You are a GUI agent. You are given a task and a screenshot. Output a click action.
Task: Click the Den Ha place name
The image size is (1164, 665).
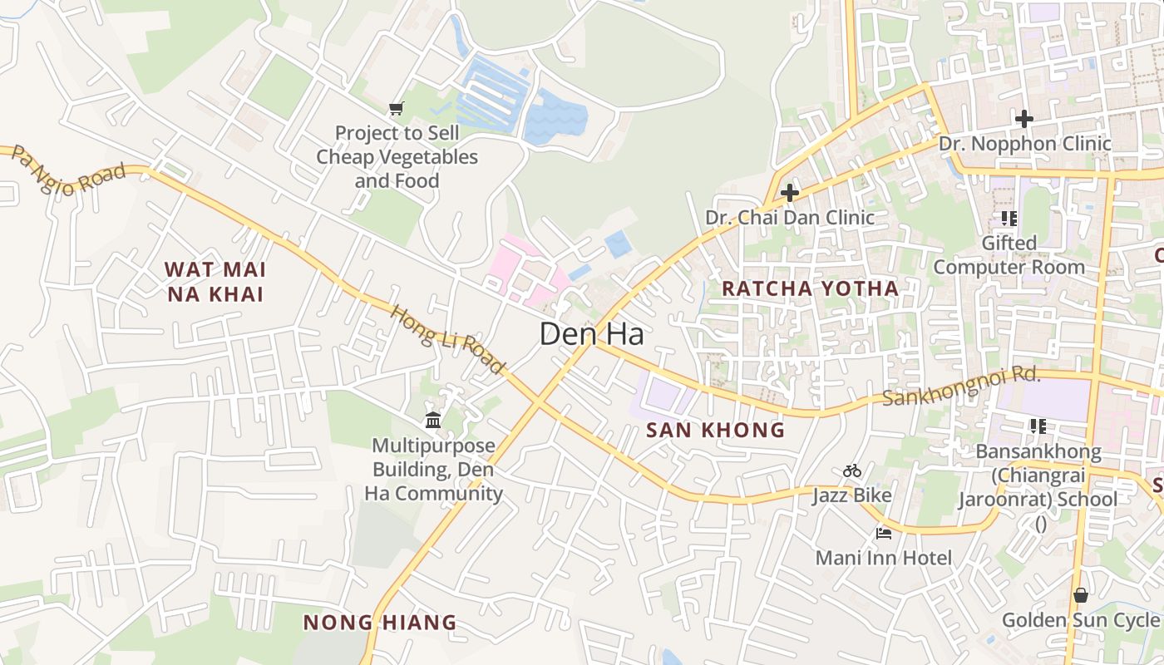coord(591,334)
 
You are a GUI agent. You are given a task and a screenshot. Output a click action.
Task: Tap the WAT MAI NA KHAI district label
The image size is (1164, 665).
coord(215,282)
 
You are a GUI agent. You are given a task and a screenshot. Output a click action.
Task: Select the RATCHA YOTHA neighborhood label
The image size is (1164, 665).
coord(810,288)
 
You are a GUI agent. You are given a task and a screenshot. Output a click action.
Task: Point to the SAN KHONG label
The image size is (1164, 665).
coord(715,430)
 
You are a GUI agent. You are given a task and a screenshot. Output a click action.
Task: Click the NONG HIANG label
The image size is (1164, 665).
coord(380,622)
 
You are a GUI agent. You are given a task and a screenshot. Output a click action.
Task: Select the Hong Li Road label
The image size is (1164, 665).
coord(448,340)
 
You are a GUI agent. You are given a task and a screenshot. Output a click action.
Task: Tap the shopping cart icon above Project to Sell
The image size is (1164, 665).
coord(397,108)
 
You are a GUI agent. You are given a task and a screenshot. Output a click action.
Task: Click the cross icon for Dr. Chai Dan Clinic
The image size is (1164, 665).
coord(789,193)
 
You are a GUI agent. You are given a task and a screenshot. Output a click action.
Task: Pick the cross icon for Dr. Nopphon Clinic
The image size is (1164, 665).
coord(1023,119)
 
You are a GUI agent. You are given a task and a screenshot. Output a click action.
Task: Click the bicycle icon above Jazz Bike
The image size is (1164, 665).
coord(851,470)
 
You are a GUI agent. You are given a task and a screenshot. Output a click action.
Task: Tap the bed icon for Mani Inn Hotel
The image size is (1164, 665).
coord(883,532)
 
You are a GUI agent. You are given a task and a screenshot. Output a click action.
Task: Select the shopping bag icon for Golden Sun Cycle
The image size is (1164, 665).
coord(1080,595)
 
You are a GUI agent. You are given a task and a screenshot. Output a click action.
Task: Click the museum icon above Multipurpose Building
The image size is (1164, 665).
coord(433,421)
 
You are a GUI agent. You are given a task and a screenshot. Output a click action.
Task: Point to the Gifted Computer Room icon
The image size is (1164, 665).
coord(1009,219)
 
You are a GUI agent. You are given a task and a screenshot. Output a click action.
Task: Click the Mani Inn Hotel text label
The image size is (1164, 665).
coord(883,557)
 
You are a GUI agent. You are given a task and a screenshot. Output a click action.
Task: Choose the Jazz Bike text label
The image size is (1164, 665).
coord(851,495)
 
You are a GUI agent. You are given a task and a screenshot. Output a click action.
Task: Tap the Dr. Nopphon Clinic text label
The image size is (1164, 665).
coord(1024,144)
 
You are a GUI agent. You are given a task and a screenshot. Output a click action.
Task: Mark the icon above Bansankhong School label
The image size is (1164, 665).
coord(1037,426)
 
